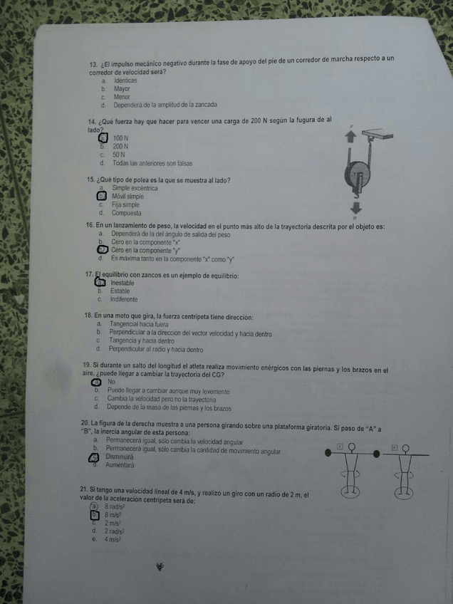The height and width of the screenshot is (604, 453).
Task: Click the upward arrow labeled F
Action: coord(350,138)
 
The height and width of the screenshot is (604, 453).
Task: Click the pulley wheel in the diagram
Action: coord(358,175)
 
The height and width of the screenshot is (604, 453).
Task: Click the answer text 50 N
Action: coord(118,155)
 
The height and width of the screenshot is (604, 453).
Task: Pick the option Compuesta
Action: coord(126,213)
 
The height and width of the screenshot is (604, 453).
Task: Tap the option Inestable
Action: coord(123,283)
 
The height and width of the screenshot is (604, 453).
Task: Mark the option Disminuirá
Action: coord(120,457)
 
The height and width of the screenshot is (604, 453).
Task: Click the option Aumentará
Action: coord(120,464)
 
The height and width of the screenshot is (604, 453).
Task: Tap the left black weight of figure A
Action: coord(328,452)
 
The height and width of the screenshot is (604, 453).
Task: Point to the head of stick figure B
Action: coord(407,448)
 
